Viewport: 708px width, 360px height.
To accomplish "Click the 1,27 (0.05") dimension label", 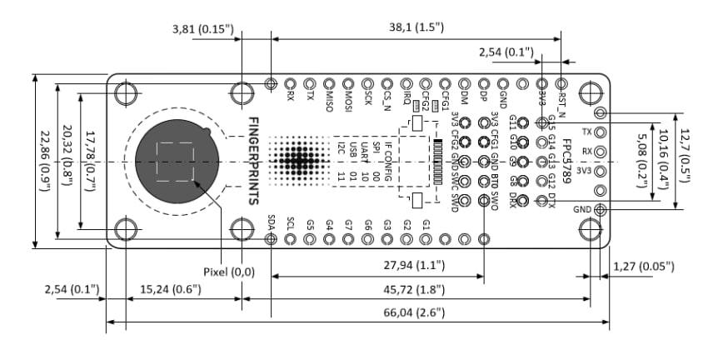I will tap(643, 266).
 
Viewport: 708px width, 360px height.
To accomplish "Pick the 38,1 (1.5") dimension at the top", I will tap(410, 27).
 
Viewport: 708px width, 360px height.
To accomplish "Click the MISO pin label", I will tap(329, 100).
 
